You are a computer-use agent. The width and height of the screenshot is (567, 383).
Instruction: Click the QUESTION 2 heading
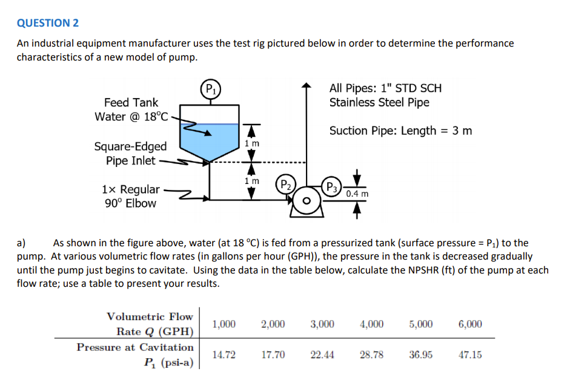pos(48,23)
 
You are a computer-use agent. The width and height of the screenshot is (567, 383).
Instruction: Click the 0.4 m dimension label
pos(357,194)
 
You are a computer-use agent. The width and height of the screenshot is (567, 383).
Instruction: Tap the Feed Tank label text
pos(131,102)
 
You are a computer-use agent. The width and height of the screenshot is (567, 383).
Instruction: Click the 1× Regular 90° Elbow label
pos(131,196)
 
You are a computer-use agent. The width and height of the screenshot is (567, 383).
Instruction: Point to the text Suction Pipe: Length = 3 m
pos(400,131)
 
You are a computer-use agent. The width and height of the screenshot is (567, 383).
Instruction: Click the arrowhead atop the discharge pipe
pos(307,87)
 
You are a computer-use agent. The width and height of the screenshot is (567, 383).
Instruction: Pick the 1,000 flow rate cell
pos(224,324)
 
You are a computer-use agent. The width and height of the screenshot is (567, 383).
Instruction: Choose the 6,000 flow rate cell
pos(470,324)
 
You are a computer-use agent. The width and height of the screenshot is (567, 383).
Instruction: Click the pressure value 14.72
pos(224,355)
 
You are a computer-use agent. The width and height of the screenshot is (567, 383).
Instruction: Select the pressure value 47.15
pos(470,355)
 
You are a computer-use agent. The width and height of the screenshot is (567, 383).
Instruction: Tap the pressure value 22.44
pos(322,355)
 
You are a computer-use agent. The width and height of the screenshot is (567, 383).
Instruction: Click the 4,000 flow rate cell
pos(371,324)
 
